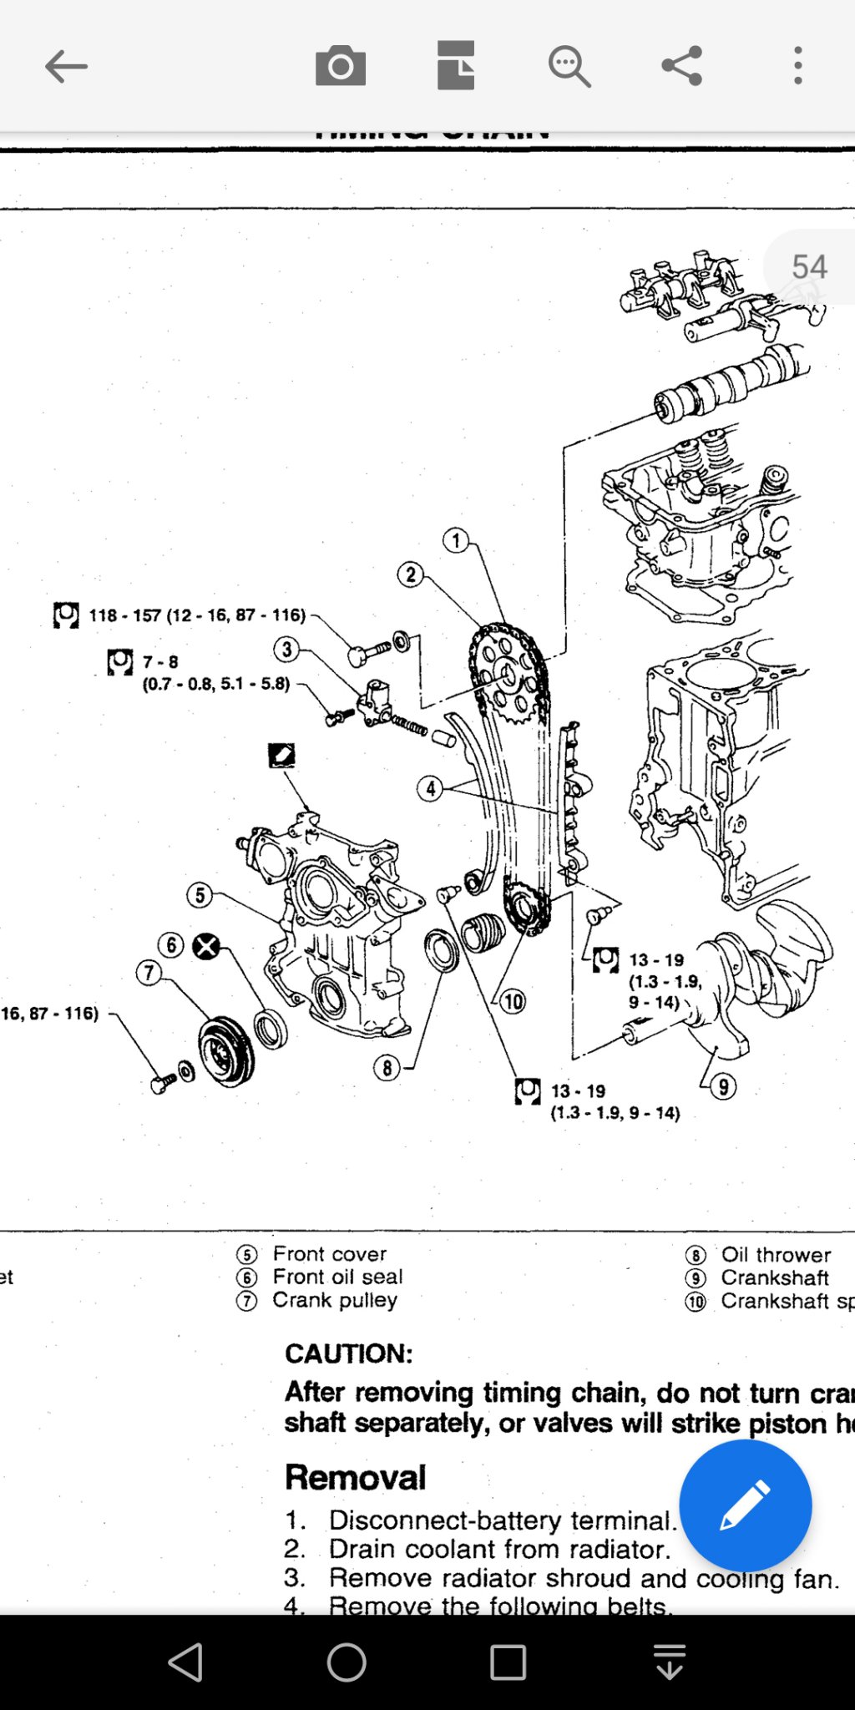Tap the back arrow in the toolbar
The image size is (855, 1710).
pyautogui.click(x=66, y=66)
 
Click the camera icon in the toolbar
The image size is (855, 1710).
pyautogui.click(x=341, y=66)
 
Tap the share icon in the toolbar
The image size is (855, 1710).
pyautogui.click(x=682, y=66)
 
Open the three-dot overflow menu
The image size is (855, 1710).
pyautogui.click(x=798, y=66)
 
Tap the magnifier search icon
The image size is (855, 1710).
pyautogui.click(x=569, y=66)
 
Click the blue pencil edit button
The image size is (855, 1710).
pyautogui.click(x=745, y=1505)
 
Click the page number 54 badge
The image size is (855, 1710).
pyautogui.click(x=808, y=267)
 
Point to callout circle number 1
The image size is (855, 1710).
pyautogui.click(x=456, y=540)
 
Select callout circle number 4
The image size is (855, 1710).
pyautogui.click(x=430, y=788)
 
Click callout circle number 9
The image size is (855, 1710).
pyautogui.click(x=723, y=1087)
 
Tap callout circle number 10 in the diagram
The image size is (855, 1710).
pyautogui.click(x=513, y=1001)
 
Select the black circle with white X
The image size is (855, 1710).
pyautogui.click(x=206, y=946)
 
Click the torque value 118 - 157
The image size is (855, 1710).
pyautogui.click(x=125, y=615)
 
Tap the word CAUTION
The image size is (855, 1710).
pyautogui.click(x=349, y=1353)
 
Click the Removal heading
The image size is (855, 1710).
pyautogui.click(x=356, y=1477)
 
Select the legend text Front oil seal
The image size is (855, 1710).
pyautogui.click(x=337, y=1277)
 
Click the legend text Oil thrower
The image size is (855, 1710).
pyautogui.click(x=776, y=1255)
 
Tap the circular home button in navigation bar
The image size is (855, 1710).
pyautogui.click(x=347, y=1662)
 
